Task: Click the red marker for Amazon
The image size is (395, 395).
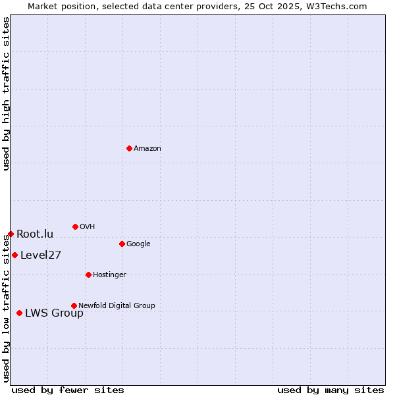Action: click(x=129, y=148)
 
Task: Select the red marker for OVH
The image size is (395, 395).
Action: click(x=75, y=226)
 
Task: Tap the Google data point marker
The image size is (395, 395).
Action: click(x=122, y=244)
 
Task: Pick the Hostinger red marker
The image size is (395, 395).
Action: click(x=88, y=275)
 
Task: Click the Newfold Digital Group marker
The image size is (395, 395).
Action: click(x=74, y=305)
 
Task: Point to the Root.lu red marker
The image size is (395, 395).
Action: click(x=11, y=234)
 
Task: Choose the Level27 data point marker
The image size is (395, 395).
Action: click(x=14, y=255)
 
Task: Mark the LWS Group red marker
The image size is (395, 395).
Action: click(x=19, y=313)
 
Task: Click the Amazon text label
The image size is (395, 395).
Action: click(x=147, y=149)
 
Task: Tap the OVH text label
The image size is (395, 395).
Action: click(x=88, y=227)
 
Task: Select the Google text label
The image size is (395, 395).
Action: click(x=138, y=244)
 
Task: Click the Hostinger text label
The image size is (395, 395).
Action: click(x=109, y=275)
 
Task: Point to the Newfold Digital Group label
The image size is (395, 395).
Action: click(x=117, y=306)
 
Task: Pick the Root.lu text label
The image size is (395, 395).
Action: click(x=35, y=234)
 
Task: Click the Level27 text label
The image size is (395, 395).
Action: click(x=41, y=255)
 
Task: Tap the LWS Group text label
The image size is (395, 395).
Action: click(x=54, y=313)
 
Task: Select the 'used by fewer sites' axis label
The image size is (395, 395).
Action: click(x=68, y=390)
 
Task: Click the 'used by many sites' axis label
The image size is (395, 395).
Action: click(x=330, y=390)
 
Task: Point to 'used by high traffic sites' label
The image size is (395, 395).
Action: click(x=6, y=93)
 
